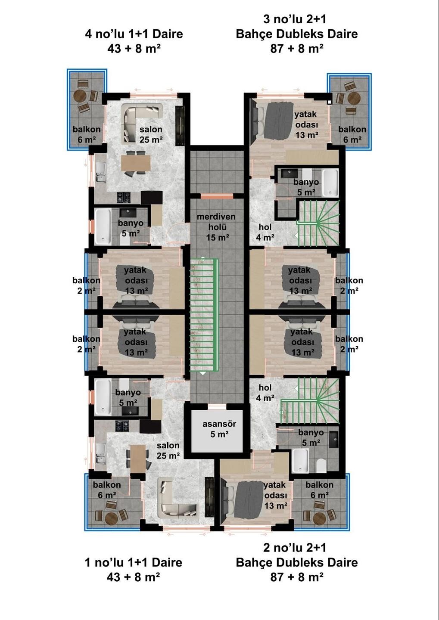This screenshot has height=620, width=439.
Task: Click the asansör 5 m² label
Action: coord(219,429)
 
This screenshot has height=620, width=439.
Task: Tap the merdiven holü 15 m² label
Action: coord(216,227)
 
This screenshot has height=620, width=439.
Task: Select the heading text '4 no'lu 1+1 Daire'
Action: coord(134,34)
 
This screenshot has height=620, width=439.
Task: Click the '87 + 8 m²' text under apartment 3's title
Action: coord(297,49)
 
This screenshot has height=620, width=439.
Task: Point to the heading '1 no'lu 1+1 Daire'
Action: coord(134,562)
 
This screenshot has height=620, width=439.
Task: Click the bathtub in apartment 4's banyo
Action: coord(103,226)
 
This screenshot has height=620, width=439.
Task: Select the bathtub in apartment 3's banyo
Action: coord(330,183)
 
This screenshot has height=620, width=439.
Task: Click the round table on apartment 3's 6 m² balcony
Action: coord(354,98)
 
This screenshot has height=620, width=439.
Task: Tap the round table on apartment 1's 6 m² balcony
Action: coord(111,518)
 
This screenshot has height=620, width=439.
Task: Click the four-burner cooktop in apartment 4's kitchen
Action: coord(124,197)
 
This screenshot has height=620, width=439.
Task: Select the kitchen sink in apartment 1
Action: coord(100,454)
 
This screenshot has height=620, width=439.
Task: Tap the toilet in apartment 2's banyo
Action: coord(321,465)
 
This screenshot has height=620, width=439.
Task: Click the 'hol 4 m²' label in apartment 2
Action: coord(265,393)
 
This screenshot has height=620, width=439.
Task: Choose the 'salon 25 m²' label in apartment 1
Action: coord(168,450)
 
